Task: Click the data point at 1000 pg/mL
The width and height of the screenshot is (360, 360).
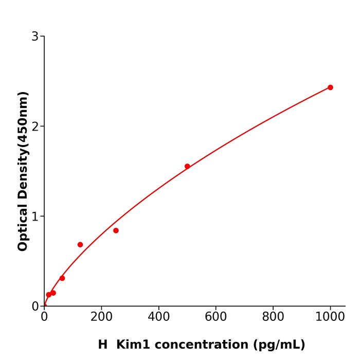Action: point(330,87)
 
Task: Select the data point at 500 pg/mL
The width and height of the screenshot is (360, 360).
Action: point(187,166)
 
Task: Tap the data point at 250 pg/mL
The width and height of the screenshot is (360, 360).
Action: point(116,230)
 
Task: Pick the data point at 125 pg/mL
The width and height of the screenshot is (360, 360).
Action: point(80,245)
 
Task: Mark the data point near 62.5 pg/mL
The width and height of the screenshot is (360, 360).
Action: point(62,278)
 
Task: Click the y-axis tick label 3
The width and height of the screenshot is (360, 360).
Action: point(35,37)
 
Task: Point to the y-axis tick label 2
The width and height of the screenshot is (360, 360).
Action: point(35,127)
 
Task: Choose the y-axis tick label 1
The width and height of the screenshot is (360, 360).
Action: point(35,217)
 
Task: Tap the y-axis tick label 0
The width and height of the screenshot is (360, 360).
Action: point(35,307)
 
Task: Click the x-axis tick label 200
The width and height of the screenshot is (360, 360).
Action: point(101,317)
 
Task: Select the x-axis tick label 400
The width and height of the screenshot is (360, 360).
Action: point(158,317)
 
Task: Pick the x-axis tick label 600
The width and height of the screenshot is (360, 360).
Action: point(215,317)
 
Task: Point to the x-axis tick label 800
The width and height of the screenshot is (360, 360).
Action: point(273,317)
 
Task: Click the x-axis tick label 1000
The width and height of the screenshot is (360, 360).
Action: point(330,317)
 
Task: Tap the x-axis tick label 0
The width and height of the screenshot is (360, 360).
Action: point(44,317)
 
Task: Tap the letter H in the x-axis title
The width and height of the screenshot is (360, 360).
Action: point(103,345)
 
